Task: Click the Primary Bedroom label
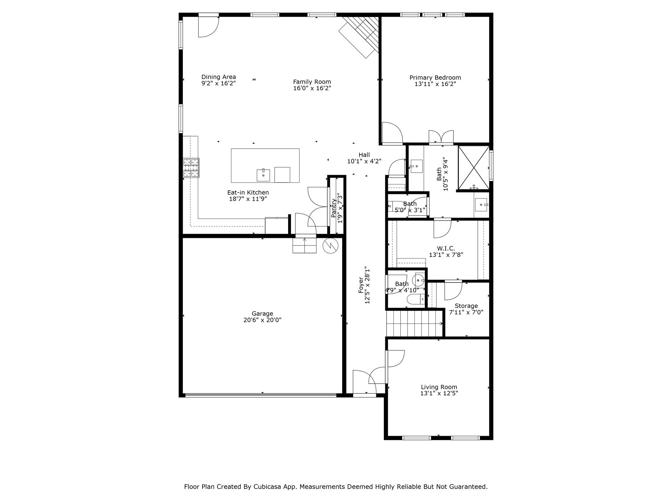click(x=435, y=78)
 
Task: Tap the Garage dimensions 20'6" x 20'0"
click(x=262, y=320)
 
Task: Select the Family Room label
click(x=312, y=82)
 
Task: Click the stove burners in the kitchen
click(x=191, y=168)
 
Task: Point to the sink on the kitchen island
click(x=263, y=175)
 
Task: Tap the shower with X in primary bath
click(x=473, y=168)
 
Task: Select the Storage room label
click(x=466, y=306)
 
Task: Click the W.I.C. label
click(x=446, y=248)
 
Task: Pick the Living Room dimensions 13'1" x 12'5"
click(x=439, y=393)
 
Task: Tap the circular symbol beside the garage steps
click(x=330, y=245)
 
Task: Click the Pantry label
click(x=334, y=208)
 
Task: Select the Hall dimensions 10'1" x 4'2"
click(x=364, y=161)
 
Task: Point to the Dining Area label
click(x=219, y=77)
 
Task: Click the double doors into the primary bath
click(x=441, y=137)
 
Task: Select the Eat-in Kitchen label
click(x=248, y=193)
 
